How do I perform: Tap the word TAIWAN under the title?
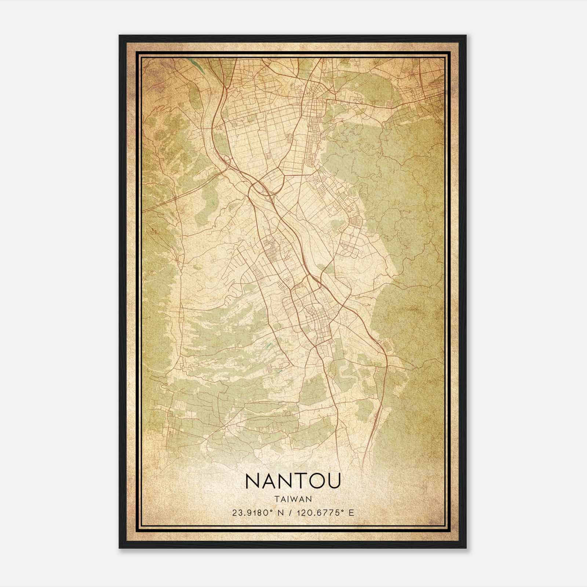pos(293,499)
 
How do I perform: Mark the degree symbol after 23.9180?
pos(272,511)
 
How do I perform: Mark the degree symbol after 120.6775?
pos(343,511)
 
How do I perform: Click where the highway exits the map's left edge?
pos(143,211)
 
